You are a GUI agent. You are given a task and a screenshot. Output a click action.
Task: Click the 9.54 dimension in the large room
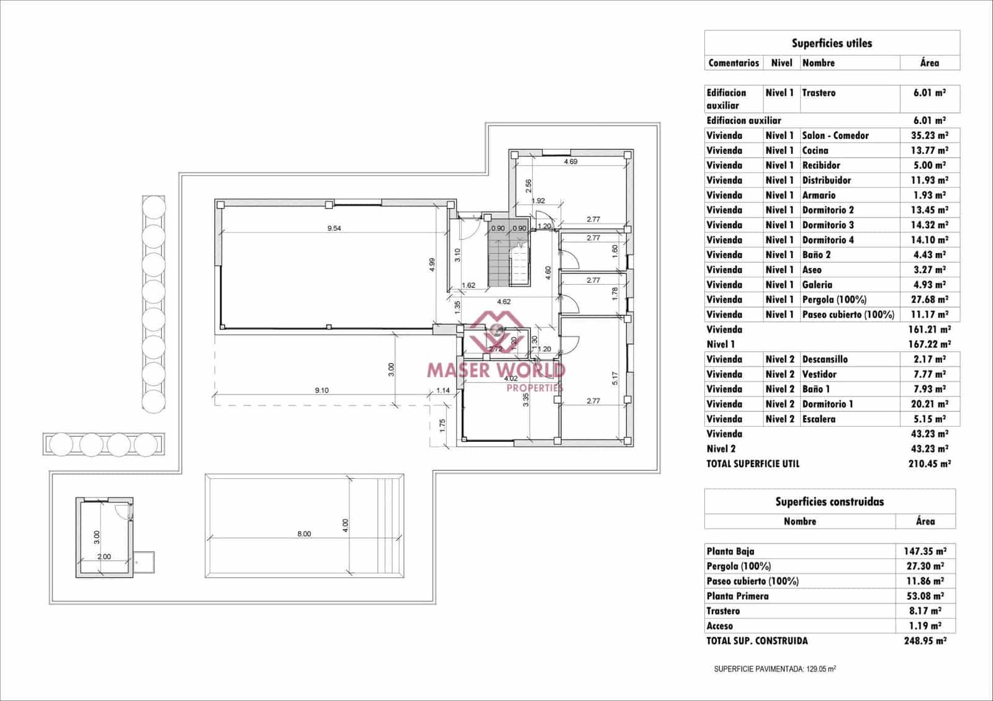[334, 228]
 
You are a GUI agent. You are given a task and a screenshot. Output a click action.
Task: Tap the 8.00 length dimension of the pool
[304, 534]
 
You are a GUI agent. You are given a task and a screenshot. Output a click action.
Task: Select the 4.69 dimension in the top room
[570, 162]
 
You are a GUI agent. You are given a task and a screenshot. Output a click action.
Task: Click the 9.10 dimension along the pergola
[321, 391]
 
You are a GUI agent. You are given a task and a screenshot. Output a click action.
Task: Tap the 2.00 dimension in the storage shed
[104, 556]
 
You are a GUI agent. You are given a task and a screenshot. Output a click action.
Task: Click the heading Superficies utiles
[832, 43]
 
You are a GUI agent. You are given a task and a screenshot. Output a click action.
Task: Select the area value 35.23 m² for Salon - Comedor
[929, 135]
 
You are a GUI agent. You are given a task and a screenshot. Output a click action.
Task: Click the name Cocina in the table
[815, 150]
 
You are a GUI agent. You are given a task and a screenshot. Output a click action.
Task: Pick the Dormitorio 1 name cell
[827, 404]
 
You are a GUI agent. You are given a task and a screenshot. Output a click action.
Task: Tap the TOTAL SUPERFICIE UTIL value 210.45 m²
[929, 463]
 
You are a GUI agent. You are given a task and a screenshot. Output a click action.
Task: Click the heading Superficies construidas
[829, 502]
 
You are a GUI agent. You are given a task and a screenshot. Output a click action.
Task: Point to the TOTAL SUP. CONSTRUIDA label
[757, 641]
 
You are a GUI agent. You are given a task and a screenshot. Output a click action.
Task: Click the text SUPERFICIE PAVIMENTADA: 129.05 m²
[775, 669]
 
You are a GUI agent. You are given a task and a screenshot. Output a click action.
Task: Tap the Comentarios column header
[734, 63]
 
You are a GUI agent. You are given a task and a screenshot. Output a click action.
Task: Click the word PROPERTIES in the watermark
[534, 388]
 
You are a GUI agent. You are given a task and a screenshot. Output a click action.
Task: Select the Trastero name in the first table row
[819, 92]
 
